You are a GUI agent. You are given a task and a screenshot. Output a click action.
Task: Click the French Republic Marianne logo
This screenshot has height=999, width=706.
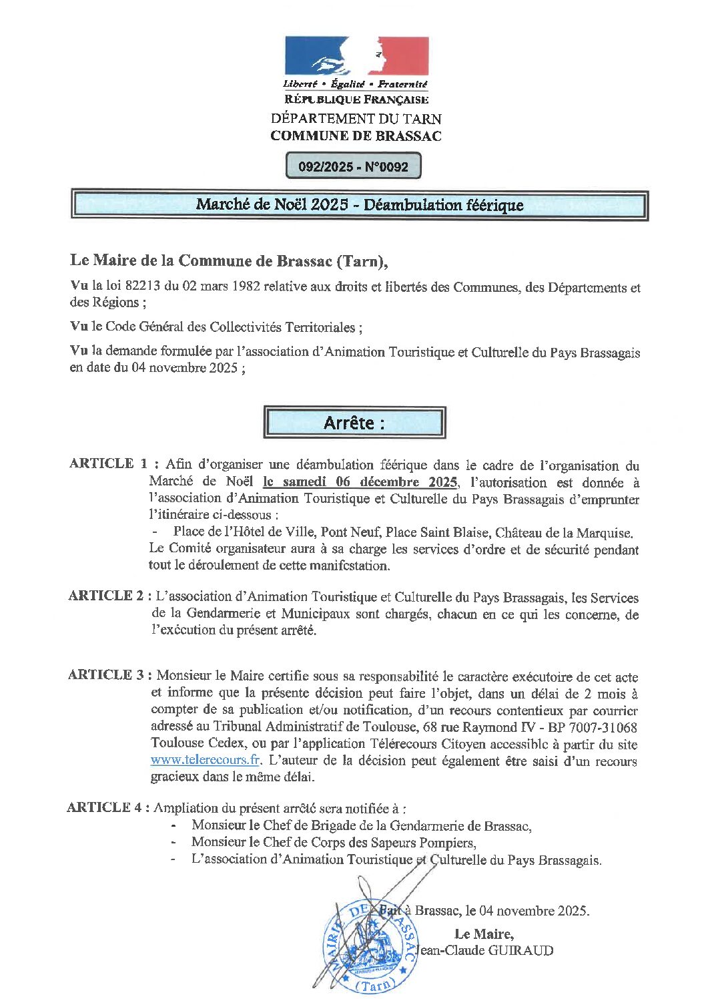click(x=356, y=56)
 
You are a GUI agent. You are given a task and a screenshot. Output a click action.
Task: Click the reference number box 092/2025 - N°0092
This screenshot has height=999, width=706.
click(x=353, y=166)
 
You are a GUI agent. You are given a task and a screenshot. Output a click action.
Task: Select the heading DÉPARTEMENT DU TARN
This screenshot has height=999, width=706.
click(x=356, y=119)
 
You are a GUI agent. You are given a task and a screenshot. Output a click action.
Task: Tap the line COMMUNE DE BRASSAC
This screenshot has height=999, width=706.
click(x=356, y=136)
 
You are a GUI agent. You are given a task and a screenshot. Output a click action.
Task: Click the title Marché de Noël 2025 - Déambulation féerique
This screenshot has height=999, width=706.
click(x=359, y=205)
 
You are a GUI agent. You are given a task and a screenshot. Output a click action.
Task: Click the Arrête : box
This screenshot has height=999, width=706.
click(x=354, y=423)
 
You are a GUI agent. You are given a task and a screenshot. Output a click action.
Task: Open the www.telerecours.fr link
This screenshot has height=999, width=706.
click(x=205, y=760)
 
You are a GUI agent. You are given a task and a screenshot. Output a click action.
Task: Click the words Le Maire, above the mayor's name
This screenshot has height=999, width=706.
click(x=484, y=934)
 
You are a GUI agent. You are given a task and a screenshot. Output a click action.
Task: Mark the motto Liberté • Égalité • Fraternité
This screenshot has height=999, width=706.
click(x=355, y=84)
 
